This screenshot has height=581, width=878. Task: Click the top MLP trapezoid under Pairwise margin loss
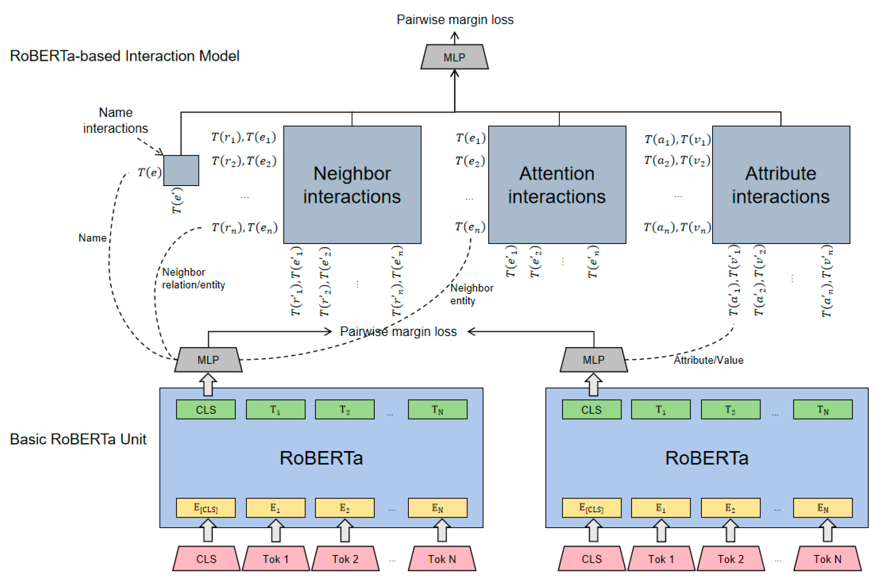coord(454,57)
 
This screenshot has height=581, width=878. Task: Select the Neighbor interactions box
coord(352,185)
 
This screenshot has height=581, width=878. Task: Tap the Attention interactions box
coord(557,185)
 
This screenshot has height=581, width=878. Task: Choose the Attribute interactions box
coord(781,185)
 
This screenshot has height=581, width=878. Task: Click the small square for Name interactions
coord(181,170)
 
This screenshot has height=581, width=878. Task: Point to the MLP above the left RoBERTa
coord(208,359)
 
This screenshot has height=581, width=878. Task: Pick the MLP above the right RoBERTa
coord(593,359)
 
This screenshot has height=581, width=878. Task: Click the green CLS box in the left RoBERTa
coord(206,409)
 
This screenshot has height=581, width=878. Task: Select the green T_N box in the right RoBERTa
coord(822,409)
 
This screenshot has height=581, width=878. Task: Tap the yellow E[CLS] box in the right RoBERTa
coord(591,508)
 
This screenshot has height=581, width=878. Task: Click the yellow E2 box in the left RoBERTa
coord(345,508)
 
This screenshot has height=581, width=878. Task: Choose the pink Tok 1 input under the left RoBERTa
coord(276,559)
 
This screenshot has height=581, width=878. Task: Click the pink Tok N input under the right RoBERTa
coord(827,559)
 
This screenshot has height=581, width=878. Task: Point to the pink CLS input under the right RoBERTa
coord(591,559)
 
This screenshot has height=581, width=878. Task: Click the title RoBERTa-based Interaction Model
coord(124,56)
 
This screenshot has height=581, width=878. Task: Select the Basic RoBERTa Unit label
coord(78,439)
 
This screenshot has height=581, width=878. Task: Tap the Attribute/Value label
coord(708,360)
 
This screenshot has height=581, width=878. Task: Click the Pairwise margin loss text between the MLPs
coord(398,331)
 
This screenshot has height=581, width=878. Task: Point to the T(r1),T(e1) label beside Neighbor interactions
coord(244,138)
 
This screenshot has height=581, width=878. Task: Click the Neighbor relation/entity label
coord(193,278)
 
